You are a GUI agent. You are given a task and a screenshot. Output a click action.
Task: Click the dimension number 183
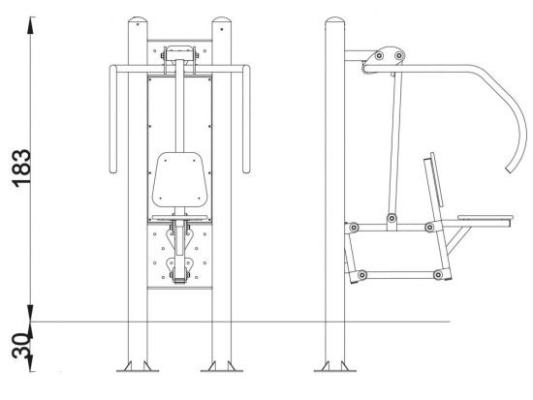21,168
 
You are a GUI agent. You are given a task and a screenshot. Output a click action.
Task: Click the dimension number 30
20,346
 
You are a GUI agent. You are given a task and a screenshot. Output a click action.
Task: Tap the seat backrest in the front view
179,179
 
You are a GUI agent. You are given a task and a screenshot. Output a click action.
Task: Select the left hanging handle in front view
113,119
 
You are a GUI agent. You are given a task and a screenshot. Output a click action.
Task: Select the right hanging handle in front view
246,119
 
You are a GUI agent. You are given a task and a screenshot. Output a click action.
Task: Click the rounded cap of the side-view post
335,20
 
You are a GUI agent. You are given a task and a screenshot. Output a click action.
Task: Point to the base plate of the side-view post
335,370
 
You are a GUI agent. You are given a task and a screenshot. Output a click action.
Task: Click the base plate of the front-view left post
138,370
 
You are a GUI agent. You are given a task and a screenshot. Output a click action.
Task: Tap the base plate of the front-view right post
222,370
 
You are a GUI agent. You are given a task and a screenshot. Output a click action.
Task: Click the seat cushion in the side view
486,217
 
